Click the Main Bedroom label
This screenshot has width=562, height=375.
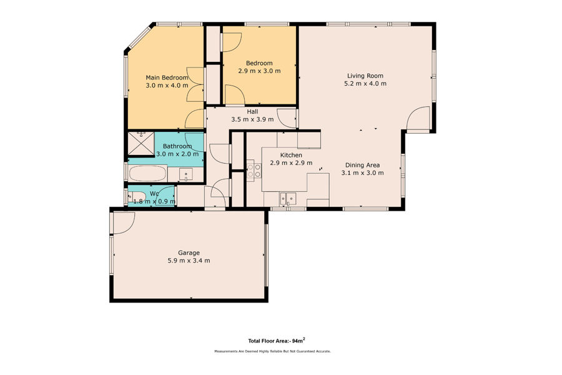pyautogui.click(x=167, y=77)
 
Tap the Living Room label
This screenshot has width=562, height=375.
pyautogui.click(x=365, y=76)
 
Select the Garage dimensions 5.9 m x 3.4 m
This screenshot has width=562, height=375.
pyautogui.click(x=189, y=261)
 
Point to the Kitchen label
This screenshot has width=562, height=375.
pyautogui.click(x=291, y=155)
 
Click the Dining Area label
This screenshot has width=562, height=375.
pyautogui.click(x=362, y=165)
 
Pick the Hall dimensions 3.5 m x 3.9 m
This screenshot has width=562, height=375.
pyautogui.click(x=252, y=119)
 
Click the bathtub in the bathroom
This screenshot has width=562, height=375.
pyautogui.click(x=147, y=174)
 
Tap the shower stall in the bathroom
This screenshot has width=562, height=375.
pyautogui.click(x=141, y=144)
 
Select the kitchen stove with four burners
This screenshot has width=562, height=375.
pyautogui.click(x=254, y=170)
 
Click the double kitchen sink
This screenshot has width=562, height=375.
pyautogui.click(x=288, y=199)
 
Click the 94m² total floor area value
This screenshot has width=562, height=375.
pyautogui.click(x=298, y=340)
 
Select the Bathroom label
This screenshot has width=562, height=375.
pyautogui.click(x=177, y=146)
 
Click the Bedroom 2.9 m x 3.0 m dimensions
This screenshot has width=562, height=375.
pyautogui.click(x=259, y=71)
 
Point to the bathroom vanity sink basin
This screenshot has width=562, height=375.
pyautogui.click(x=185, y=175)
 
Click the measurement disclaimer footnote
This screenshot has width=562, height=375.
pyautogui.click(x=272, y=351)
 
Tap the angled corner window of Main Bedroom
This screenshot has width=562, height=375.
pyautogui.click(x=139, y=37)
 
